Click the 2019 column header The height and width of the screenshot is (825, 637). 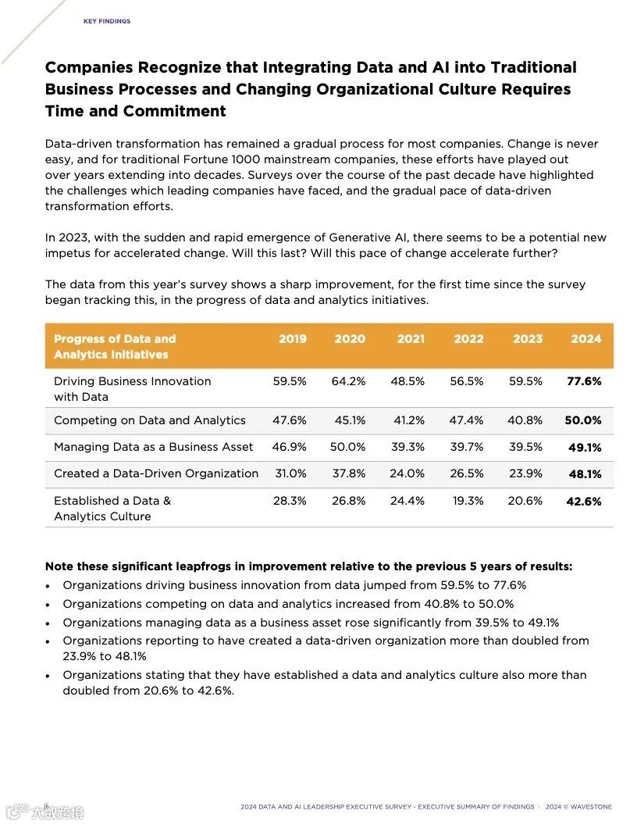[x=293, y=338]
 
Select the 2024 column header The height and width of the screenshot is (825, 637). [x=585, y=338]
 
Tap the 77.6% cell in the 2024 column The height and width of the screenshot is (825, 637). [x=584, y=381]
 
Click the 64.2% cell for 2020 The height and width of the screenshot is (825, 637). [x=348, y=381]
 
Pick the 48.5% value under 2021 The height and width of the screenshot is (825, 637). [x=407, y=381]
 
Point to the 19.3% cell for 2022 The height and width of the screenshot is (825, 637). [x=468, y=501]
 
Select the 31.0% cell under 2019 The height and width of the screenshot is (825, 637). [x=290, y=473]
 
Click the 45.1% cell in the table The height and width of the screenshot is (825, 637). [x=350, y=420]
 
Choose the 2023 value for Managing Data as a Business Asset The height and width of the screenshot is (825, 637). [x=525, y=447]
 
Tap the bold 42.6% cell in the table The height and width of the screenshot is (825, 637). [x=584, y=502]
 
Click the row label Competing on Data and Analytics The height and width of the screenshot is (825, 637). [x=150, y=420]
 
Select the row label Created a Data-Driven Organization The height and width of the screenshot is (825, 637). [x=156, y=473]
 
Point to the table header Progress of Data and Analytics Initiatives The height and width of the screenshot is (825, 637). [x=115, y=346]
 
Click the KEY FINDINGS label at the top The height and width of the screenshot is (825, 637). [x=107, y=21]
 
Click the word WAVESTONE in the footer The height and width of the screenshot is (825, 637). [x=591, y=806]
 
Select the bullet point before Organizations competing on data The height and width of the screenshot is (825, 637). [x=48, y=605]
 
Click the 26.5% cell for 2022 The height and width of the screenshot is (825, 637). [x=467, y=473]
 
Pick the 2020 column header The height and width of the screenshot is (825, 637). [x=350, y=338]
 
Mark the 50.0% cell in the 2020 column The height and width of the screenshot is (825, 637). [x=348, y=447]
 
